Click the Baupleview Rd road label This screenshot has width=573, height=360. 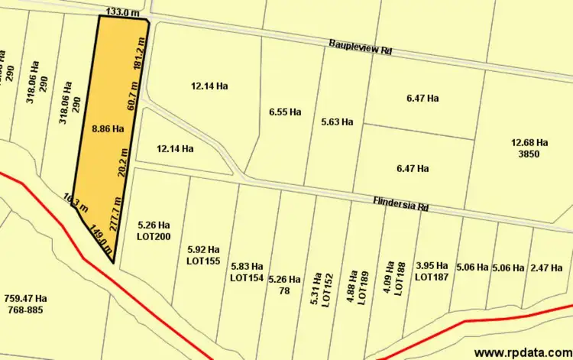coord(361,47)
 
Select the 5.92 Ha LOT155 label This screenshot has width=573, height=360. coord(203,255)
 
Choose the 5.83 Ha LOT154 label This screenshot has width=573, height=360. coord(247,271)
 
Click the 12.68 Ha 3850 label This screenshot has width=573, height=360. coord(529,148)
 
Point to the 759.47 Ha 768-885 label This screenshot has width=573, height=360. coord(25,304)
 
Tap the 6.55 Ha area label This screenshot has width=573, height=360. coord(285,112)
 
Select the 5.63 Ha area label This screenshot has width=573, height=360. coord(337,122)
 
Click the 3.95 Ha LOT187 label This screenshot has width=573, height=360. coord(432,271)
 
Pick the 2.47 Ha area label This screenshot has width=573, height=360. coord(545,268)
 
